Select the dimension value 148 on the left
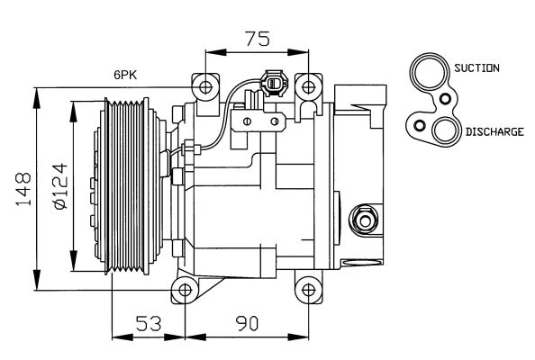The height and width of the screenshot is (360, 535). click(20, 189)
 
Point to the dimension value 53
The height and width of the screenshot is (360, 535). click(149, 322)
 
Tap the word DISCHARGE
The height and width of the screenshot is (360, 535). click(494, 132)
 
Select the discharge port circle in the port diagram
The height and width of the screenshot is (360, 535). click(444, 132)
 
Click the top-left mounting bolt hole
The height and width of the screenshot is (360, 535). click(206, 87)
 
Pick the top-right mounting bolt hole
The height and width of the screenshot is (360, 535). click(308, 87)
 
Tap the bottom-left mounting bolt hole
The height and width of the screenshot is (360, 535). click(186, 291)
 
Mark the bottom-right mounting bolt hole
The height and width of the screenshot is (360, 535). click(308, 291)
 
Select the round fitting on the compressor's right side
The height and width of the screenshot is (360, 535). click(364, 219)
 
